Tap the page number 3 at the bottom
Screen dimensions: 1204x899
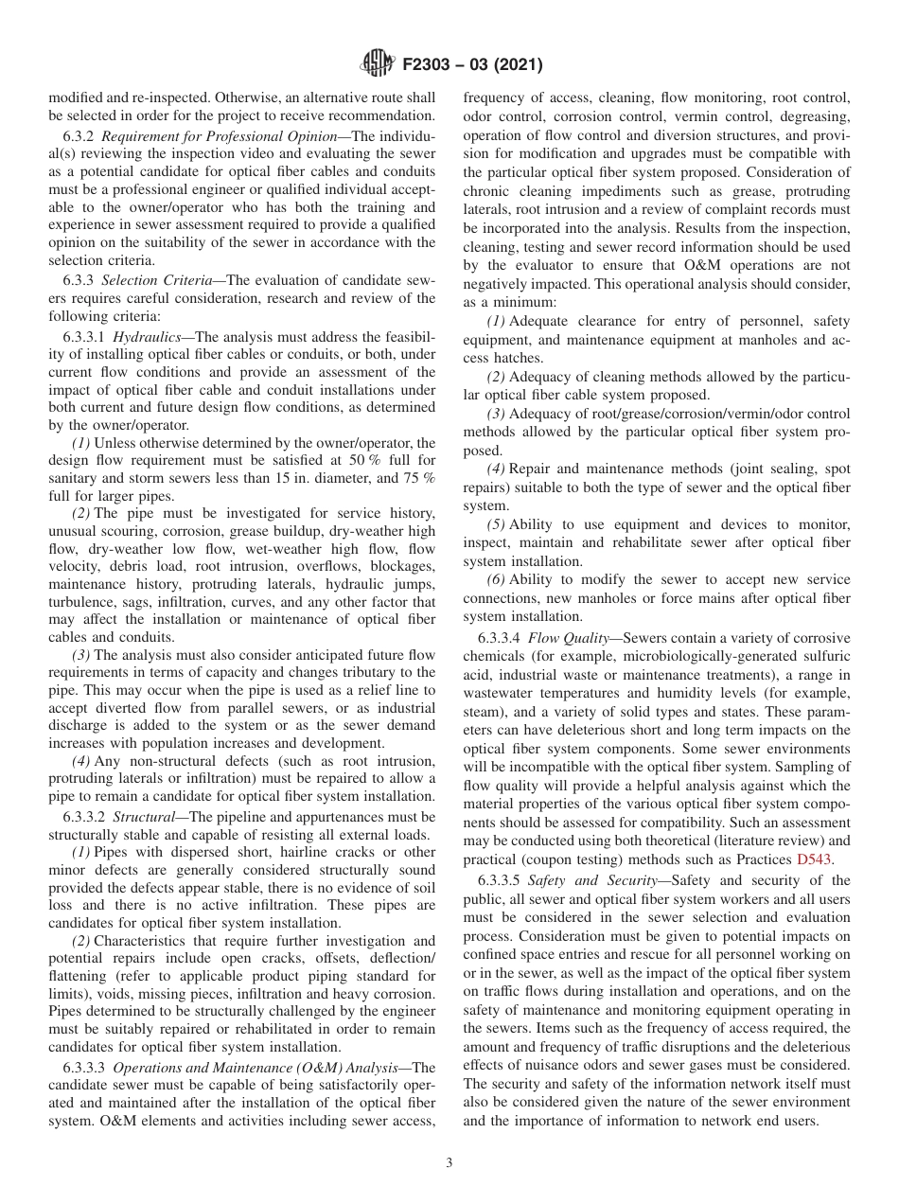click(x=449, y=1162)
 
